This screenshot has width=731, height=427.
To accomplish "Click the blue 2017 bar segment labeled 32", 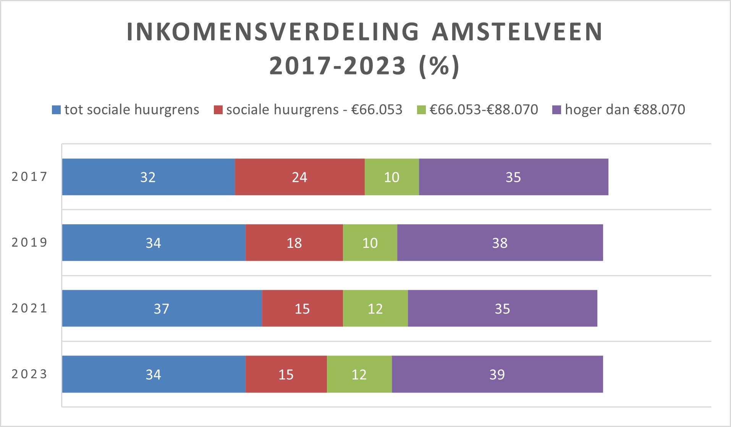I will (x=148, y=177).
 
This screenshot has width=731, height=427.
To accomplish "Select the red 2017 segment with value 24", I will (x=299, y=177).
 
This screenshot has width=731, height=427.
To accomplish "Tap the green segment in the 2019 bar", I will (x=370, y=243).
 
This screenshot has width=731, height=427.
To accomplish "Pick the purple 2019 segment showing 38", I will (x=500, y=243).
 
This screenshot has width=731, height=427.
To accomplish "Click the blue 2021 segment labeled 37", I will (x=162, y=308).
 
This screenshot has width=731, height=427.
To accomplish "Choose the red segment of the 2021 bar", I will (x=302, y=308).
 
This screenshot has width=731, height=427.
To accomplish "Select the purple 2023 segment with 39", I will (x=497, y=374).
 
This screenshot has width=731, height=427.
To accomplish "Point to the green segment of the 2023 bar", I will (x=359, y=374).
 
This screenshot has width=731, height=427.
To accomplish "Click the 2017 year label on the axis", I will (x=29, y=176).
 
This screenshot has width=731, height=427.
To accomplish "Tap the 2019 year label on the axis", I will (x=29, y=242).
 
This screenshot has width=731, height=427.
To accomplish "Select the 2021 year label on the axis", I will (x=29, y=308).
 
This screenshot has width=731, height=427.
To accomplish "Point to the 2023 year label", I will (x=29, y=374).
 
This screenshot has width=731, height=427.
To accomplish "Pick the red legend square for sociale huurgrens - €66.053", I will (x=218, y=110).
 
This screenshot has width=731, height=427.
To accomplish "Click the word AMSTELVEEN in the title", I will (x=517, y=32).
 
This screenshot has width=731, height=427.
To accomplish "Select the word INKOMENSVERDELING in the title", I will (x=273, y=32).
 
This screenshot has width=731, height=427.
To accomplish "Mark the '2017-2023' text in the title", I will (x=338, y=66).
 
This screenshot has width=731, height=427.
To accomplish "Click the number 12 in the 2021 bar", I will (x=375, y=308).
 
